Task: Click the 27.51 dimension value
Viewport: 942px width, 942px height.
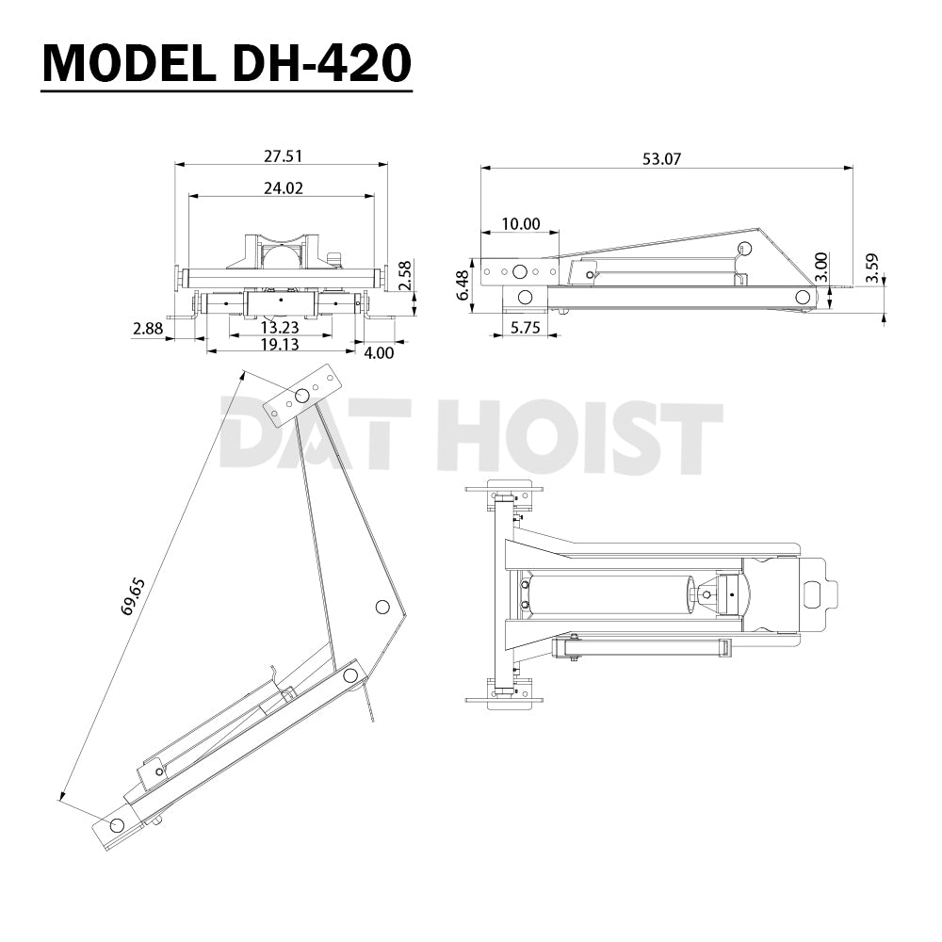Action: pyautogui.click(x=283, y=156)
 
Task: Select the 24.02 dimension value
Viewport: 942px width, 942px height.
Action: pyautogui.click(x=283, y=187)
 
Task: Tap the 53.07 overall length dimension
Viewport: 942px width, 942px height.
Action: pyautogui.click(x=661, y=159)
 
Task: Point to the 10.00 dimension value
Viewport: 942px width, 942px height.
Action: pyautogui.click(x=520, y=223)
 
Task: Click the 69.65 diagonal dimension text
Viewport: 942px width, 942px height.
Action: pyautogui.click(x=133, y=597)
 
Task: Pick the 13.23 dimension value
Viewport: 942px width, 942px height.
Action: pyautogui.click(x=280, y=327)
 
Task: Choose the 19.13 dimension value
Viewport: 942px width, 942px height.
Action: pyautogui.click(x=280, y=345)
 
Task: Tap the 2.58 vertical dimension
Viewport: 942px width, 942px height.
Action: pyautogui.click(x=404, y=275)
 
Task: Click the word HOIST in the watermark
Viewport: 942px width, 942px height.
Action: pyautogui.click(x=579, y=435)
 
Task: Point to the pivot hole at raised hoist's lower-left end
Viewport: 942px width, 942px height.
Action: pyautogui.click(x=116, y=825)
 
